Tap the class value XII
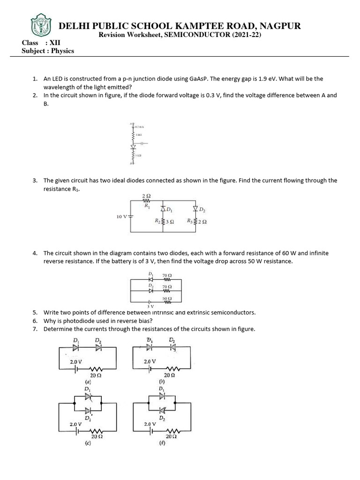click(55, 43)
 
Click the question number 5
click(35, 312)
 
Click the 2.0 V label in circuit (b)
click(150, 362)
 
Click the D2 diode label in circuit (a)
click(97, 340)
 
